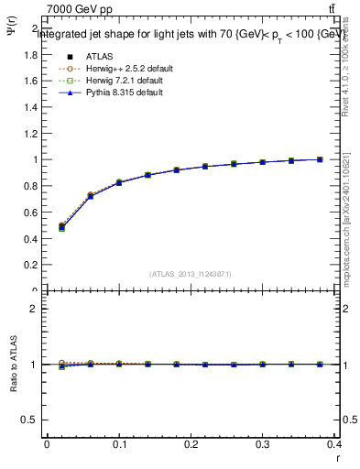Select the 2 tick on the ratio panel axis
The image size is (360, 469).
coord(34,309)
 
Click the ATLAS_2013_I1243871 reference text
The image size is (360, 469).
coord(190,274)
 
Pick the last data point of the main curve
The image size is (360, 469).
coord(320,159)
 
